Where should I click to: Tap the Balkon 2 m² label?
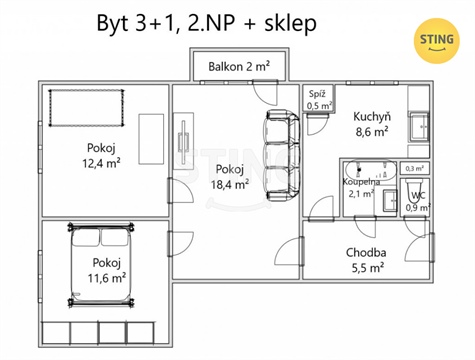click(238, 67)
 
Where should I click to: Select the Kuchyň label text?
click(371, 116)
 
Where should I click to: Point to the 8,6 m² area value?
click(371, 130)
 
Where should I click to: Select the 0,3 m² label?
click(415, 169)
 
